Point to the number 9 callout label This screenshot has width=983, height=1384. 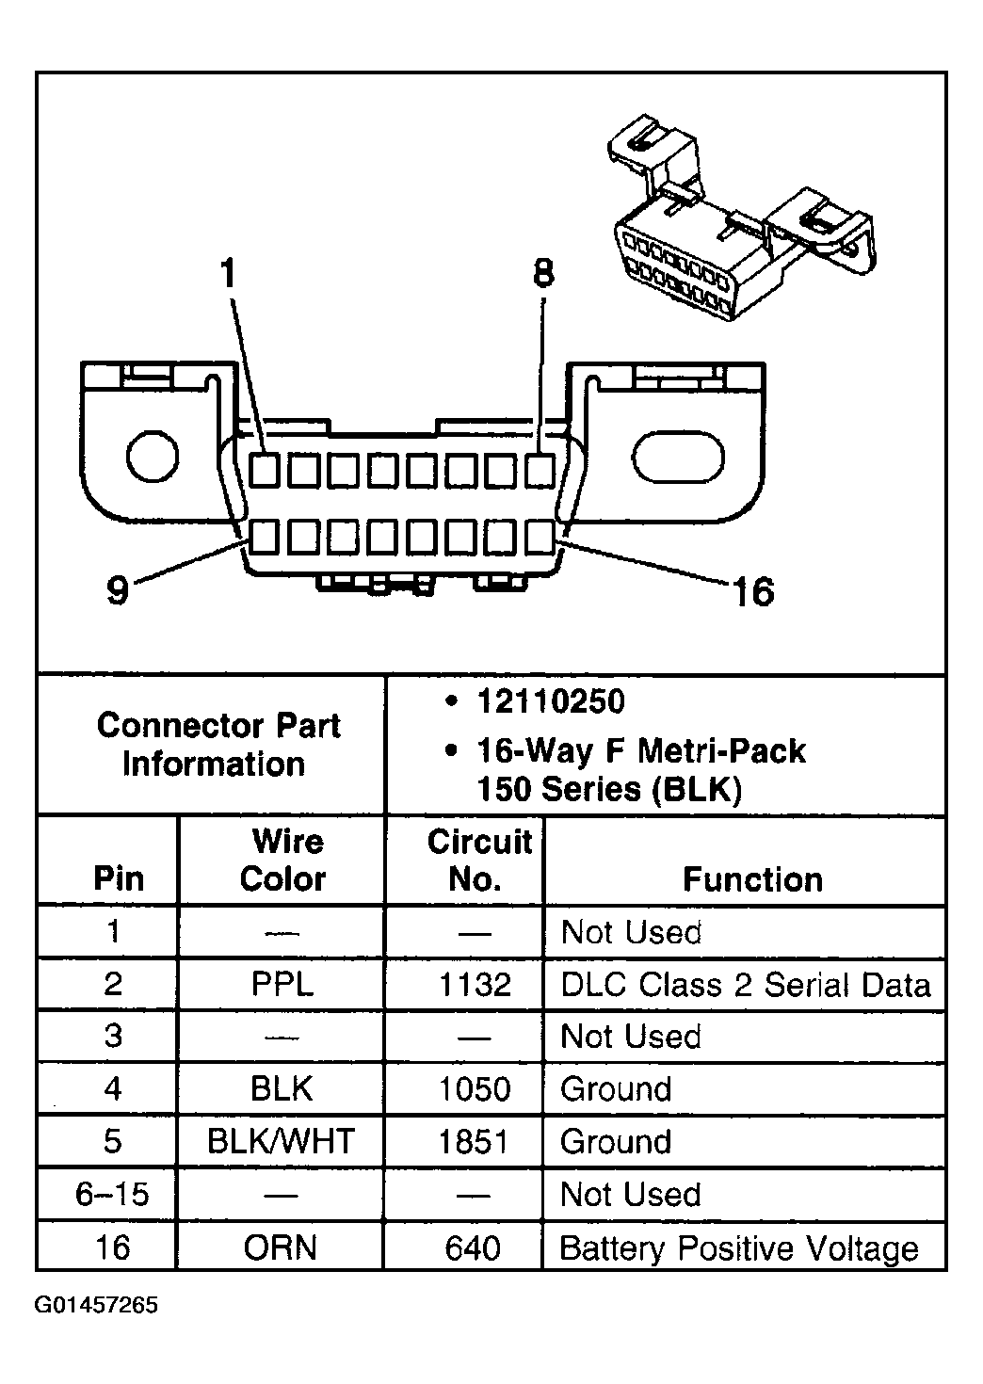tap(117, 590)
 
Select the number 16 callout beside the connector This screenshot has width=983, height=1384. tap(752, 592)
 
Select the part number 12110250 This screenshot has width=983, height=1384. tap(550, 702)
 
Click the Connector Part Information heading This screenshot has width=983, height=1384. tap(218, 745)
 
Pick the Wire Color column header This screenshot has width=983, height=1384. tap(282, 861)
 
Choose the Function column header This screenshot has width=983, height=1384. tap(752, 879)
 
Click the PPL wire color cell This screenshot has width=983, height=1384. tap(282, 985)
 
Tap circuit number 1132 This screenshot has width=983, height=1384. tap(475, 985)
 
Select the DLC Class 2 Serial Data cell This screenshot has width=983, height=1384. tap(745, 985)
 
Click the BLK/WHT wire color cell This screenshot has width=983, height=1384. tap(281, 1142)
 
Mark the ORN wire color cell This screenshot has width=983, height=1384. tap(281, 1248)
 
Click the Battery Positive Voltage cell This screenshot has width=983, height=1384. tap(738, 1248)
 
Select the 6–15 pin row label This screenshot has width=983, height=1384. tap(112, 1195)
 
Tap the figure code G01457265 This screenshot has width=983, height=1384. tap(97, 1306)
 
